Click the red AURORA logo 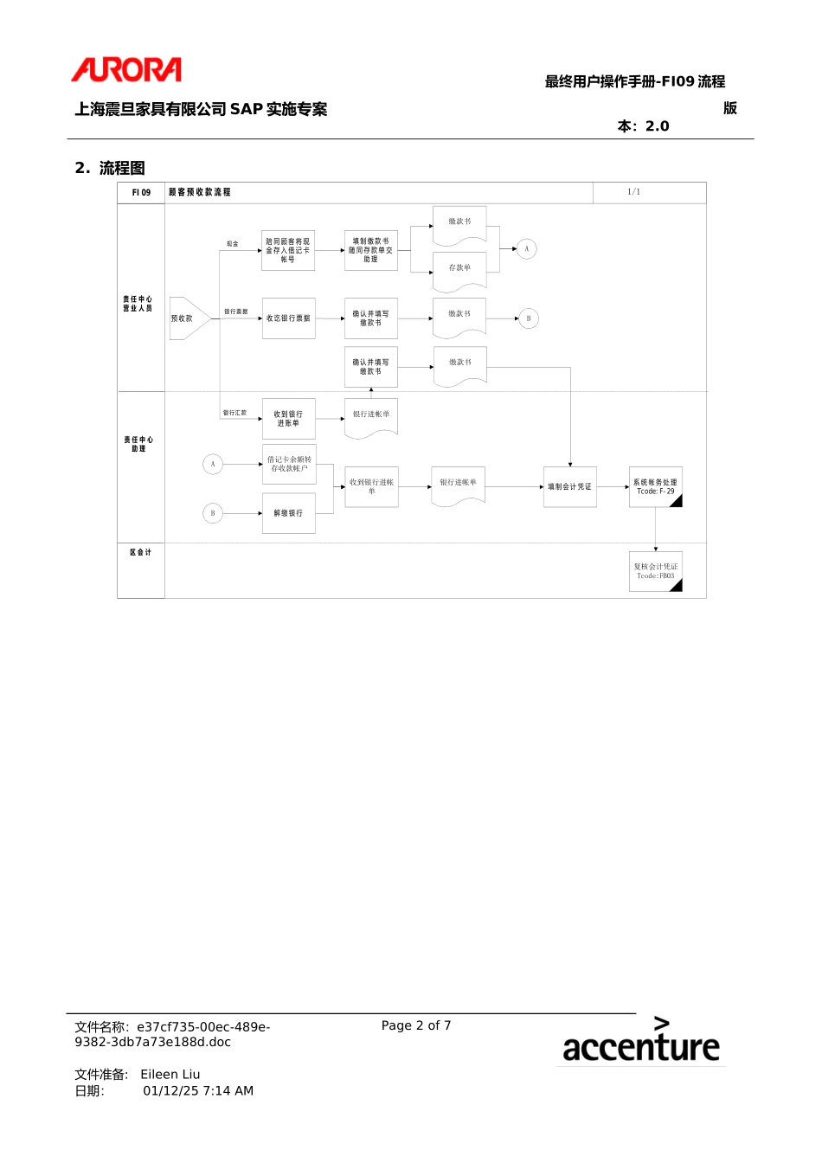pos(126,70)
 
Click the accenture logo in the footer pos(640,1041)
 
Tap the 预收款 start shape pos(187,318)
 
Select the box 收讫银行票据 pos(288,318)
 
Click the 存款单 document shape pos(459,269)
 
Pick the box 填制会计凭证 pos(569,487)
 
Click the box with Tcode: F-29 pos(655,487)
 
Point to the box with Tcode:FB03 pos(655,571)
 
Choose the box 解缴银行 pos(288,513)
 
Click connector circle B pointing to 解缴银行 pos(213,513)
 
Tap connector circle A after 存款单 pos(526,249)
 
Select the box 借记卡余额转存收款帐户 pos(288,465)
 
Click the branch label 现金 pos(232,244)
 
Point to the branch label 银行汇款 pos(234,413)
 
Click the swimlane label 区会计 pos(140,552)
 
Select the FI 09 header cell pos(141,193)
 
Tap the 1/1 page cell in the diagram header pos(633,192)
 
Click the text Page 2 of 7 pos(416,1025)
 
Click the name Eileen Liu pos(170,1075)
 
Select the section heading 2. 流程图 pos(110,168)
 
